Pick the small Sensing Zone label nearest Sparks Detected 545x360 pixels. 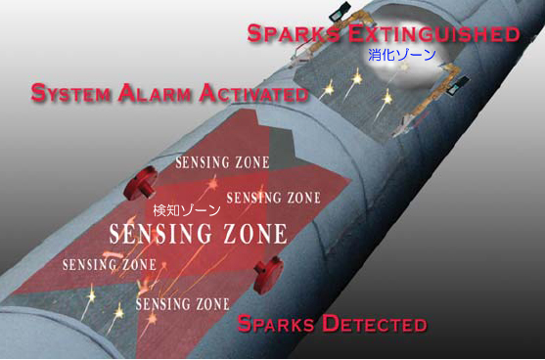click(x=176, y=304)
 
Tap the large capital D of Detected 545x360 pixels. click(x=328, y=324)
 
